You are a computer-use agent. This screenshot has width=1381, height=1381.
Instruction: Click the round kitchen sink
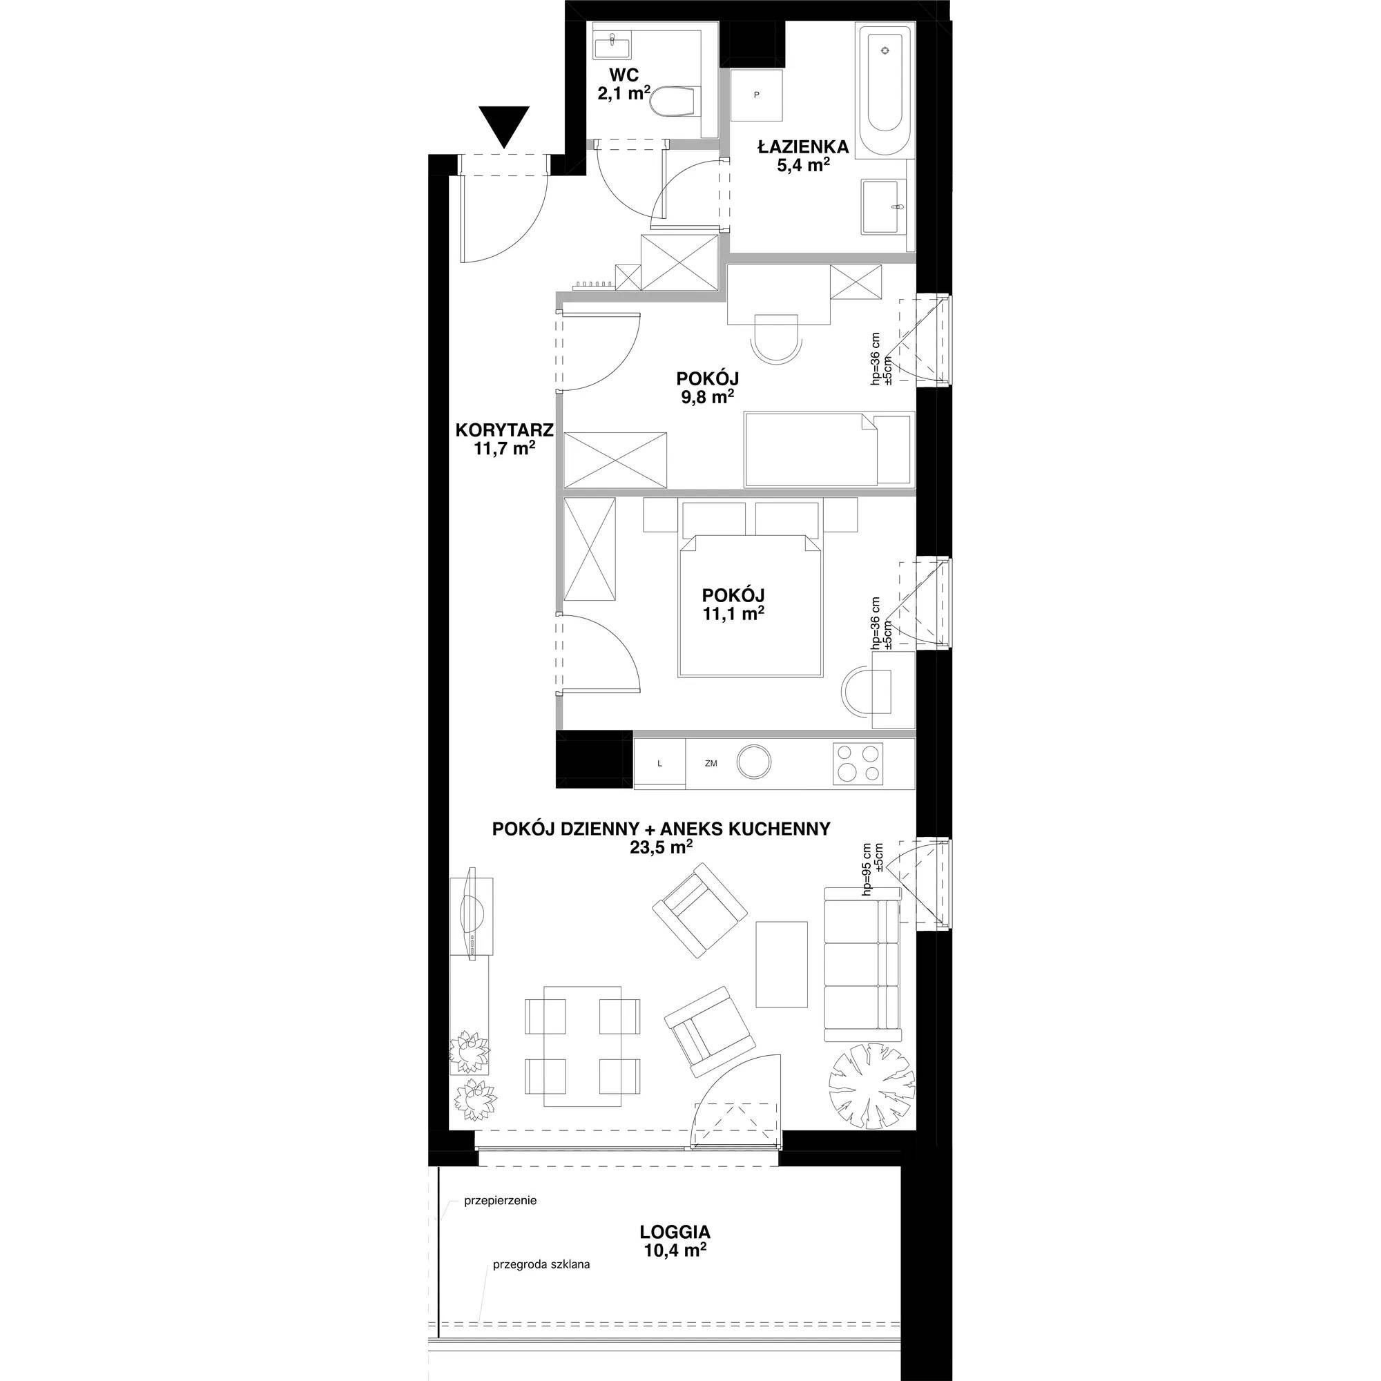754,762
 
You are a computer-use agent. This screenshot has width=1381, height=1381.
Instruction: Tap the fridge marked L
659,764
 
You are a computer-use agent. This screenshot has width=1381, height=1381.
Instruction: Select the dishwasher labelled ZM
711,764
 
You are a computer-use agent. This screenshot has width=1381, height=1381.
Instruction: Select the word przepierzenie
501,1201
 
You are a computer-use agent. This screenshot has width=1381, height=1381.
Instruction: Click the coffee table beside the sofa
782,963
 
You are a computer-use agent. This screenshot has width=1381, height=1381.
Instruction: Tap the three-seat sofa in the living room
862,963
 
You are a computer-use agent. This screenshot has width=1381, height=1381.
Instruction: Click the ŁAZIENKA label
804,147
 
